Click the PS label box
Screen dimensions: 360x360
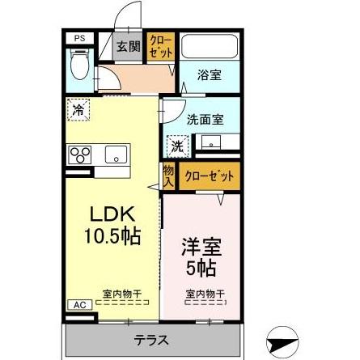(x=79, y=37)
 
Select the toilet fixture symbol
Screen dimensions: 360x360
(x=81, y=64)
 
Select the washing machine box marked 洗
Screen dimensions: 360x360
(x=176, y=146)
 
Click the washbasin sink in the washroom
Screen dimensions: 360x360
(x=212, y=145)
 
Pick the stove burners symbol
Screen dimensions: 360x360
(x=80, y=155)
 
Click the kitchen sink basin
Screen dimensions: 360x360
(x=113, y=153)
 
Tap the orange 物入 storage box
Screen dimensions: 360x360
(x=168, y=175)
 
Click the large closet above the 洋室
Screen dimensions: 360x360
(x=208, y=176)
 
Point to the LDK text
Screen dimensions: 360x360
(x=109, y=215)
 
